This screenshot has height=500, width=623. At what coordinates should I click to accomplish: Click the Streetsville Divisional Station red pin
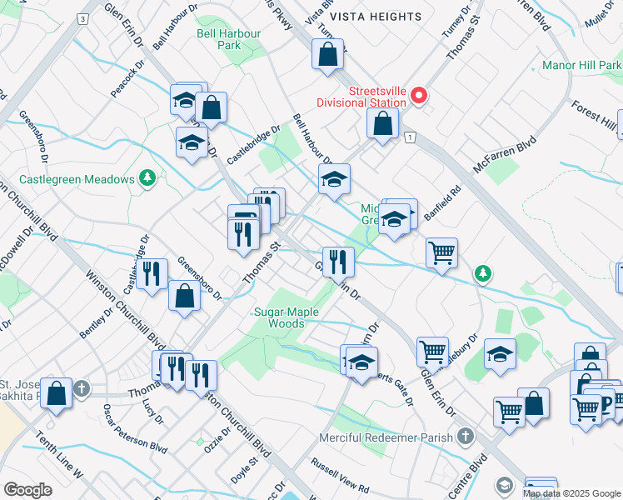(420, 96)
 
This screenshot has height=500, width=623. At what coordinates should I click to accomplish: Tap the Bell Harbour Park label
(228, 39)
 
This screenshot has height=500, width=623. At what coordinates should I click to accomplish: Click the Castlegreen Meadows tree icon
(147, 177)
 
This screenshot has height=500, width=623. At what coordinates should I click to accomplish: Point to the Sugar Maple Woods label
(279, 317)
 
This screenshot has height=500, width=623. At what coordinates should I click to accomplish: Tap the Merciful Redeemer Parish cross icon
(465, 437)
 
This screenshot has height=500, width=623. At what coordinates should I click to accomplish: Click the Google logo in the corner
(27, 489)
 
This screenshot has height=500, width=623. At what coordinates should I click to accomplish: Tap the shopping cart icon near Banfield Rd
(441, 252)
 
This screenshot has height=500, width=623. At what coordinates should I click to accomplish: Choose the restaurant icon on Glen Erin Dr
(337, 262)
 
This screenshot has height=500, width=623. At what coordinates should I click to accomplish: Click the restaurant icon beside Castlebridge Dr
(151, 274)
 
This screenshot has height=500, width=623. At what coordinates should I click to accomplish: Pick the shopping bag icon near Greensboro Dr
(184, 297)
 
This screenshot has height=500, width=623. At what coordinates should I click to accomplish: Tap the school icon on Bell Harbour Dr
(334, 180)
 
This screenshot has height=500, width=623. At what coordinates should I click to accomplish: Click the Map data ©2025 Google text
(571, 493)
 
